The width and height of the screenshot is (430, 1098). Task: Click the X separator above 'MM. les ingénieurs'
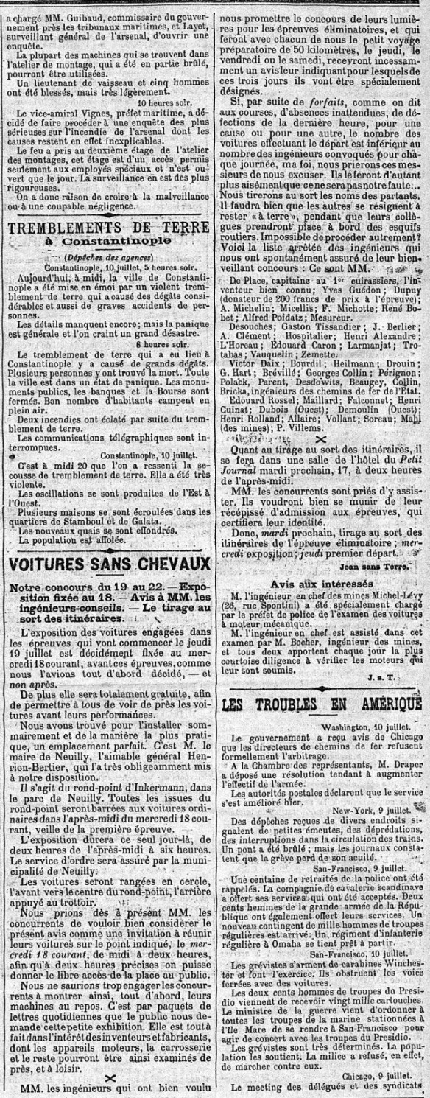coord(109,1076)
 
